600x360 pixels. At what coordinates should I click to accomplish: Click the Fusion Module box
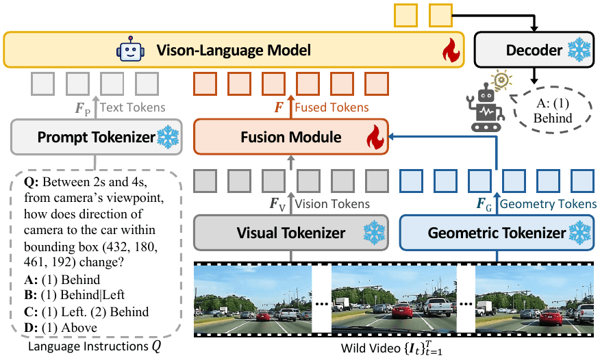click(x=291, y=137)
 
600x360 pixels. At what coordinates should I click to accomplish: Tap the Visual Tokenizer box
click(x=291, y=233)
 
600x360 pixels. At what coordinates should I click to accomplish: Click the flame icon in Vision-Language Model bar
click(x=449, y=51)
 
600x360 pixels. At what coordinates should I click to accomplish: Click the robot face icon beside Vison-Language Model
click(x=129, y=51)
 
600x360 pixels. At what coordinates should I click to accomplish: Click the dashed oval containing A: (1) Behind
click(x=552, y=110)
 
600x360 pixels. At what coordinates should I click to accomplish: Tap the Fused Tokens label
click(x=332, y=107)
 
